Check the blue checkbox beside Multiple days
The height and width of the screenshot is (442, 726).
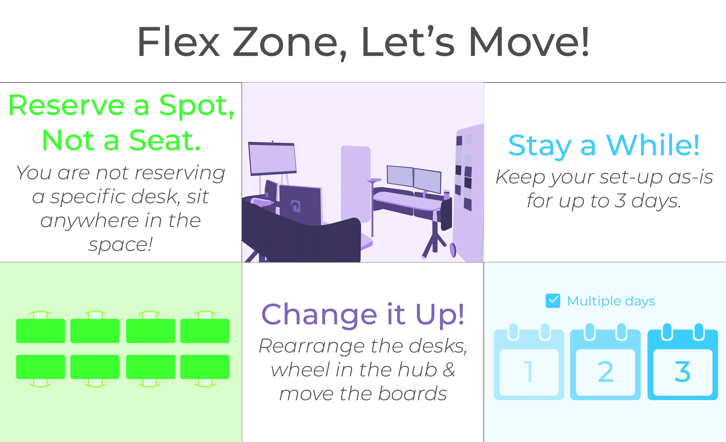(553, 301)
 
